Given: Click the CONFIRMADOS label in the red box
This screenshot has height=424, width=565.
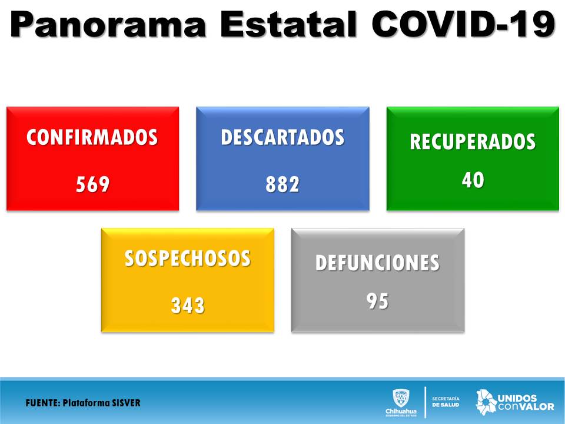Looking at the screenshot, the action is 92,137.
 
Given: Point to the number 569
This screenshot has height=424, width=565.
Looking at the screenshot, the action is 92,184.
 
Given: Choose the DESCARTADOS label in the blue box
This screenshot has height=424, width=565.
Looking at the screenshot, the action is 282,137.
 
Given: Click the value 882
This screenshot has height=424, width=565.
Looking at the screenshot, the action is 282,184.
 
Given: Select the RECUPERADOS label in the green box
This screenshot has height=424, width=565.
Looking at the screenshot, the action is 473,141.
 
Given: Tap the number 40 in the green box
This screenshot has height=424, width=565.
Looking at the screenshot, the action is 473,180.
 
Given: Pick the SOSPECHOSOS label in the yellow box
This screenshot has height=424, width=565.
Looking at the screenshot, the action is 187,259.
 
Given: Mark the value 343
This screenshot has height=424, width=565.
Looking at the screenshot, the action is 188,306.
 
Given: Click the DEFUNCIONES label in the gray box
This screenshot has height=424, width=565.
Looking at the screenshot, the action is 378,263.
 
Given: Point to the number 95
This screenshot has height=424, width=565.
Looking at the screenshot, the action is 378,301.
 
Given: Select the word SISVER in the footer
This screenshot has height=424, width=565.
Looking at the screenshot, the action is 126,403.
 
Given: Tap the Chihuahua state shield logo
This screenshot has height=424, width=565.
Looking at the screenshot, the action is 401,398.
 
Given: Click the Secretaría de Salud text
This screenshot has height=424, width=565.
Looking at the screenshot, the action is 446,402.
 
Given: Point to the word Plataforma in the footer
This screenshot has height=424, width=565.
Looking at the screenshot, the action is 85,403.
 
